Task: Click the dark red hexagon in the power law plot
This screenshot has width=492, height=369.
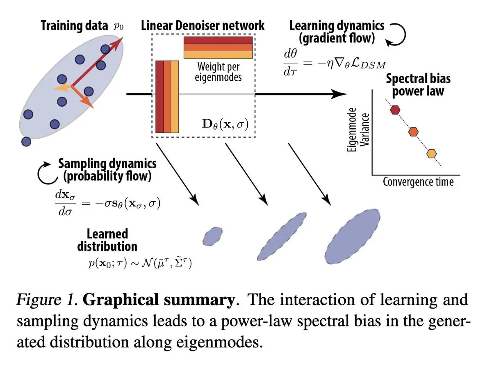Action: point(395,109)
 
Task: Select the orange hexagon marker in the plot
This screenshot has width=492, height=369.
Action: point(414,132)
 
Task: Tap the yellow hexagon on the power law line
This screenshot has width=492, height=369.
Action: point(431,154)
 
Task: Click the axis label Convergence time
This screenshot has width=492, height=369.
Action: point(418,181)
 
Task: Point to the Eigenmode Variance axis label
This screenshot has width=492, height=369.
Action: point(357,130)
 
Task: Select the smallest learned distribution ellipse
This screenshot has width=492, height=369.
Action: point(212,235)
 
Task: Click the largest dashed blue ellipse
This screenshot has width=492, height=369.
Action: point(353,236)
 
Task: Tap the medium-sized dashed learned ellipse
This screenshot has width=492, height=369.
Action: point(283,235)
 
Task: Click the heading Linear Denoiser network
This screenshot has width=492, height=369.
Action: point(203,26)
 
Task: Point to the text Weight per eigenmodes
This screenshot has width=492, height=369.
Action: point(219,71)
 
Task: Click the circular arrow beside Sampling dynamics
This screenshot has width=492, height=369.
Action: point(47,174)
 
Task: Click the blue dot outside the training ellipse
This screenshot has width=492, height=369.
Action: point(26,141)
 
